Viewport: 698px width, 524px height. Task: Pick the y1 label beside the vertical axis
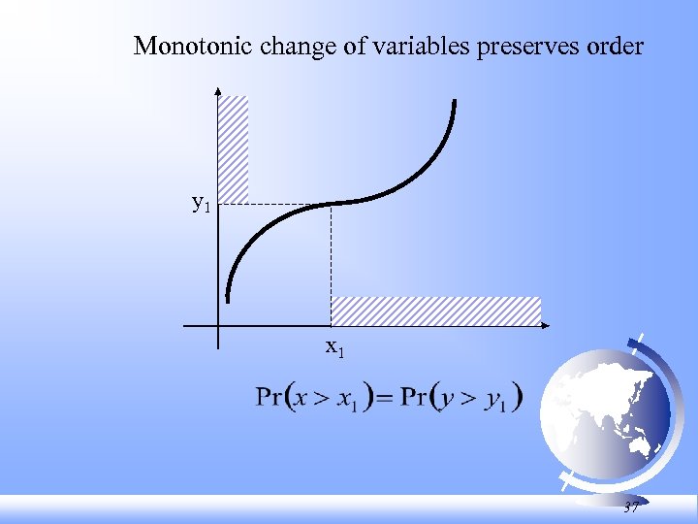pyautogui.click(x=202, y=204)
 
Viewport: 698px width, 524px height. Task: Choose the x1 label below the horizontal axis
pyautogui.click(x=333, y=346)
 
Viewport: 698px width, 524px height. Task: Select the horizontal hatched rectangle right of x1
pyautogui.click(x=435, y=311)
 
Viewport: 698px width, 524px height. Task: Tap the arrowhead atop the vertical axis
pyautogui.click(x=219, y=93)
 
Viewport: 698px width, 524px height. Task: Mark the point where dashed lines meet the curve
pyautogui.click(x=332, y=204)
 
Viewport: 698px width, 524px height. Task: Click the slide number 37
pyautogui.click(x=631, y=508)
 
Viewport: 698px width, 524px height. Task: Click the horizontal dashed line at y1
pyautogui.click(x=281, y=204)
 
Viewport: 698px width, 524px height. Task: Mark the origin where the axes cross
pyautogui.click(x=219, y=325)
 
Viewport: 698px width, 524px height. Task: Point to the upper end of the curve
pyautogui.click(x=454, y=101)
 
